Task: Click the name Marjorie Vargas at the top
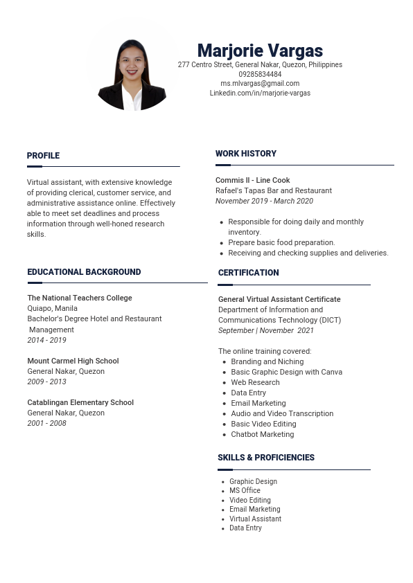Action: pyautogui.click(x=260, y=51)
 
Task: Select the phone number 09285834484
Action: pyautogui.click(x=260, y=74)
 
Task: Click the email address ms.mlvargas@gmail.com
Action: pyautogui.click(x=260, y=83)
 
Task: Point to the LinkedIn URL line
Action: pyautogui.click(x=260, y=93)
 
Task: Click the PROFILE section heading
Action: pyautogui.click(x=43, y=156)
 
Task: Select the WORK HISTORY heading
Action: pyautogui.click(x=246, y=154)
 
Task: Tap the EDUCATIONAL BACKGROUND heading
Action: pyautogui.click(x=84, y=272)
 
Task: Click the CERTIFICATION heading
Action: pyautogui.click(x=248, y=273)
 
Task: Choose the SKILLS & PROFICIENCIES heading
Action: pyautogui.click(x=266, y=458)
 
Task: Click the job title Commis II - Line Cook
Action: pyautogui.click(x=253, y=180)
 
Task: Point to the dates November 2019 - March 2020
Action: pyautogui.click(x=264, y=201)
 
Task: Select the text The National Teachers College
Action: pyautogui.click(x=80, y=298)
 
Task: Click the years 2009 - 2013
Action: pyautogui.click(x=46, y=382)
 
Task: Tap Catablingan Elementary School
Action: pyautogui.click(x=80, y=402)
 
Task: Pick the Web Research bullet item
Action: pyautogui.click(x=255, y=382)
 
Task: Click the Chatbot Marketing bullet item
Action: pyautogui.click(x=262, y=434)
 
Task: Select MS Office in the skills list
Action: pyautogui.click(x=245, y=490)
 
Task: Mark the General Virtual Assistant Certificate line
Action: pyautogui.click(x=279, y=299)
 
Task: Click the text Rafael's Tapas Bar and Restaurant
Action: pyautogui.click(x=274, y=190)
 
